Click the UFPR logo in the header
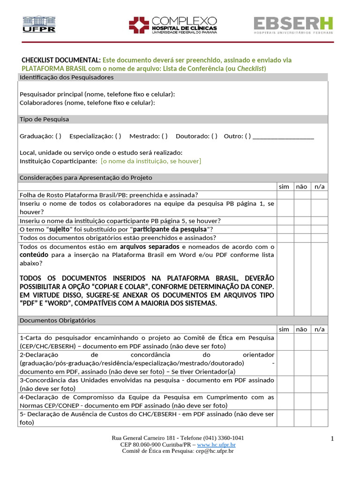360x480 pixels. click(39, 24)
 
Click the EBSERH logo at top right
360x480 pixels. click(293, 25)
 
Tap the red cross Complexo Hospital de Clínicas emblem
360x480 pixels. click(139, 25)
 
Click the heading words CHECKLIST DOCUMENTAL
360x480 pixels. click(61, 60)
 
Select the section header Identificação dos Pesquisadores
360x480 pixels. click(66, 77)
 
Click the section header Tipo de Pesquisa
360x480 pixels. click(44, 119)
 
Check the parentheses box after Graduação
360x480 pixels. click(58, 136)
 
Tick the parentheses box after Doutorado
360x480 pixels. click(214, 136)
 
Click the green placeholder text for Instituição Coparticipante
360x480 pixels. click(150, 161)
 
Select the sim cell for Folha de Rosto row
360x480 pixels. click(284, 195)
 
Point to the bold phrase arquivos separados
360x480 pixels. click(150, 247)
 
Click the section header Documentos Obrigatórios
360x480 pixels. click(57, 320)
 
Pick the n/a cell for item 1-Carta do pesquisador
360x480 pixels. click(319, 342)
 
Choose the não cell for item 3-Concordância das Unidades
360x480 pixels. click(301, 384)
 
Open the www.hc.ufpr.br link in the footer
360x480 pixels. click(216, 444)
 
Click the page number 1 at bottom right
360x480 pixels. click(332, 439)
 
